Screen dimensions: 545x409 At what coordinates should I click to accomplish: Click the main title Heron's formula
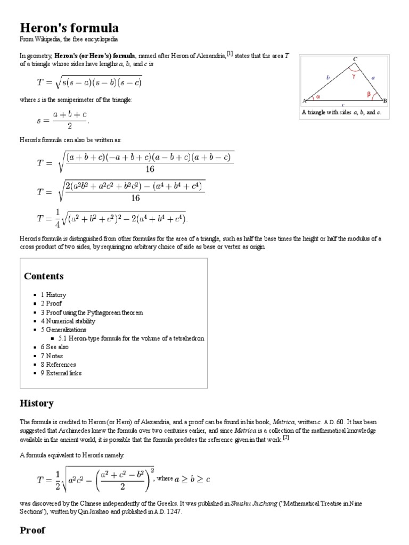pyautogui.click(x=69, y=28)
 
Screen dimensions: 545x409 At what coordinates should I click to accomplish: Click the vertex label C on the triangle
pyautogui.click(x=355, y=59)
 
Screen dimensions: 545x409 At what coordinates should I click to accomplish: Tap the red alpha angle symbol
pyautogui.click(x=318, y=97)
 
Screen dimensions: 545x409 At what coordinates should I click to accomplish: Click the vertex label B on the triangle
pyautogui.click(x=385, y=101)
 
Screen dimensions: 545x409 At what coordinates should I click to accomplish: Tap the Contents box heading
pyautogui.click(x=44, y=276)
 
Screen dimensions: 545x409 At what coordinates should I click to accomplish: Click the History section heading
pyautogui.click(x=36, y=403)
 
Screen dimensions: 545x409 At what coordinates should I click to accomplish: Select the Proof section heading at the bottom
pyautogui.click(x=32, y=530)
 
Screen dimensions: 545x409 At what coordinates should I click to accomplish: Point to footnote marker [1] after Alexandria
pyautogui.click(x=230, y=53)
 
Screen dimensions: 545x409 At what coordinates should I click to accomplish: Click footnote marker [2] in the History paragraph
pyautogui.click(x=285, y=437)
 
